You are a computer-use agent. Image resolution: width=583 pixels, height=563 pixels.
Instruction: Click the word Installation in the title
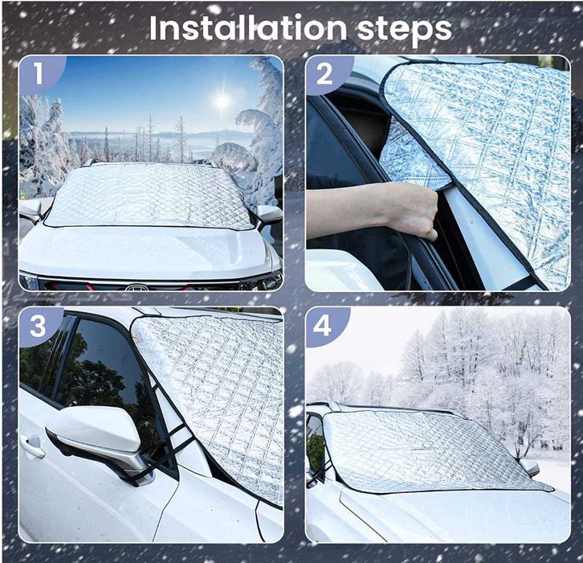[x=248, y=28]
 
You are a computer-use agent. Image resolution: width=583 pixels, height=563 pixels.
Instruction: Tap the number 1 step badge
[x=39, y=73]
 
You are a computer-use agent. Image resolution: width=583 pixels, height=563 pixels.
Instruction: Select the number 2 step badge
[x=324, y=74]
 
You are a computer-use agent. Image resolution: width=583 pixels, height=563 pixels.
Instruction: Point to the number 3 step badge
[x=38, y=327]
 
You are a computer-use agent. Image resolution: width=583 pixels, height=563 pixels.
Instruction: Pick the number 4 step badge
[x=322, y=327]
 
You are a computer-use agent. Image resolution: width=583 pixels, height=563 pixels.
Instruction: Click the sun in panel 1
[x=222, y=101]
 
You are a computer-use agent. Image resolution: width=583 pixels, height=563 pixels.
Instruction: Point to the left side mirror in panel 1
[x=32, y=210]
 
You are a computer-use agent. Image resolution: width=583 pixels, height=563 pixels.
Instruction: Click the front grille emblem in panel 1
[x=137, y=287]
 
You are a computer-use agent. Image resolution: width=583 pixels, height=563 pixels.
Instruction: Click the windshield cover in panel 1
[x=149, y=196]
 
